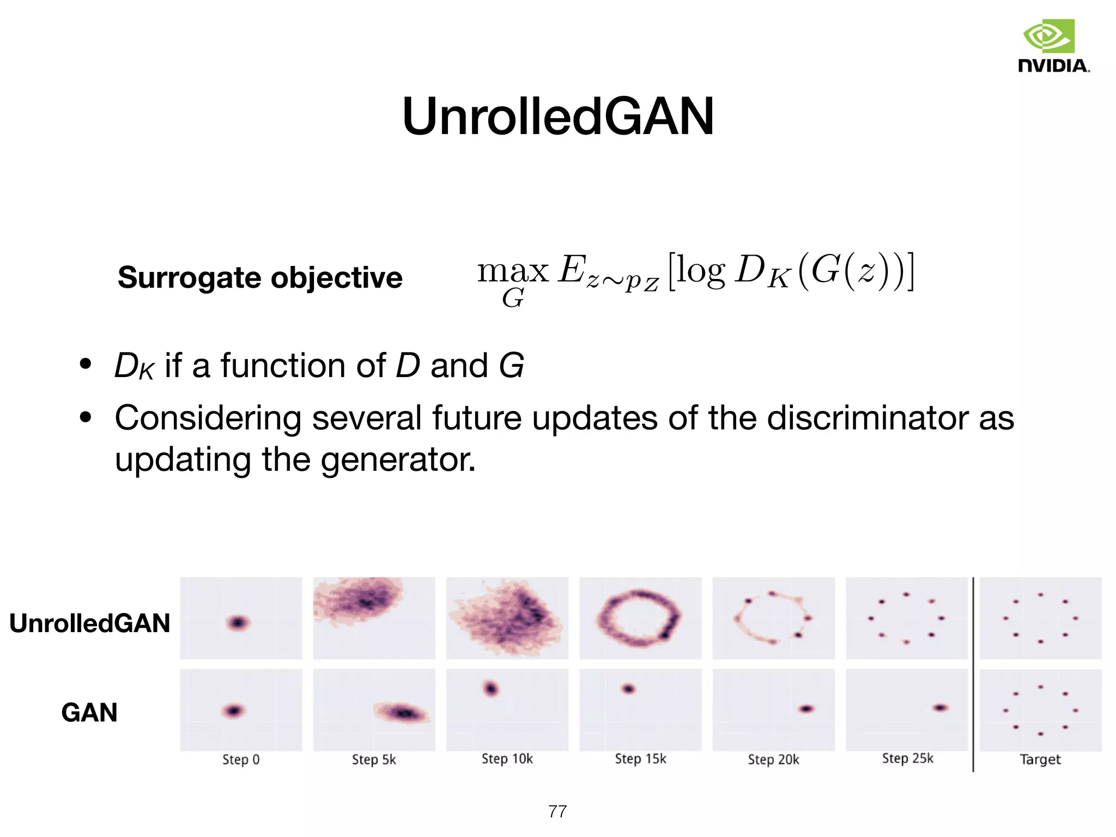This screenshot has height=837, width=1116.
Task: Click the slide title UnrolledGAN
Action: click(557, 116)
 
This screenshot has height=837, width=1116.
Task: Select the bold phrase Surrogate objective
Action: click(260, 277)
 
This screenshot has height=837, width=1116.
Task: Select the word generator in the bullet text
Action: click(397, 459)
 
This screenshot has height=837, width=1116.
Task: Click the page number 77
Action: click(557, 811)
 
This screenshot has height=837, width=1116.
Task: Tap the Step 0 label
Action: click(241, 760)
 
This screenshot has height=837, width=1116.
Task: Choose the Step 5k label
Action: click(374, 760)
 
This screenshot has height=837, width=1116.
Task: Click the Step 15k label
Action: click(640, 759)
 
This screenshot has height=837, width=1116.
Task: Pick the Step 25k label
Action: click(907, 759)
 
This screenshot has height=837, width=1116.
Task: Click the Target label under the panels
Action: click(1040, 760)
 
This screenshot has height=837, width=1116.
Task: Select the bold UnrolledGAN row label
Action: click(90, 623)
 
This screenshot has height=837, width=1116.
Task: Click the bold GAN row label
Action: click(89, 712)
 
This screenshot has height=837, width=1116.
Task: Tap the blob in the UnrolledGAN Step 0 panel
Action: click(238, 622)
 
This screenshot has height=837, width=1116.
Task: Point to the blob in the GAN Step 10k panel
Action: click(491, 689)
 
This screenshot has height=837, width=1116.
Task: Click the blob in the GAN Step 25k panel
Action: click(940, 708)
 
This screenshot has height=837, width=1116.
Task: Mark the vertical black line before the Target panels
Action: click(973, 676)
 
